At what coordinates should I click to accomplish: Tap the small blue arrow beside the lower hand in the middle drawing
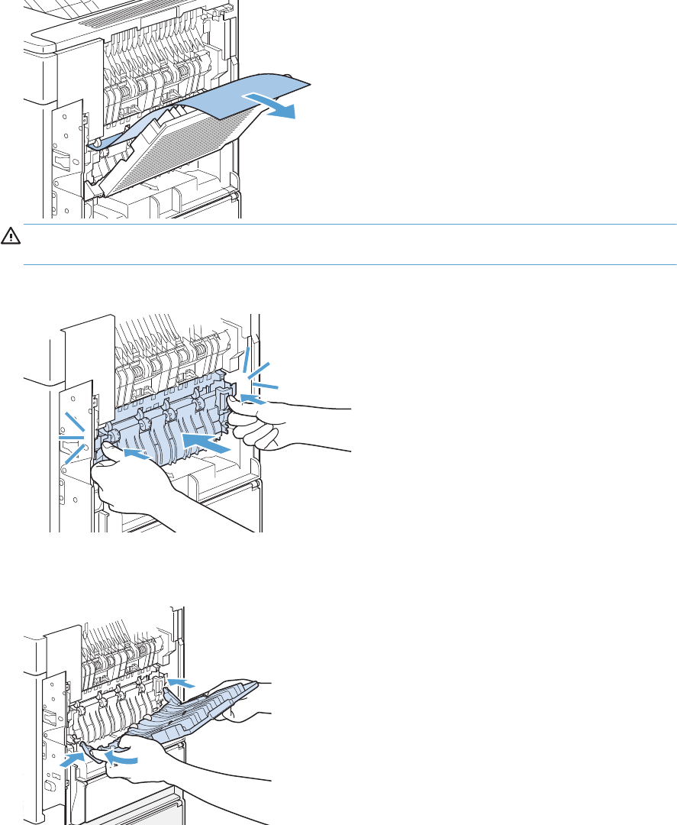135,455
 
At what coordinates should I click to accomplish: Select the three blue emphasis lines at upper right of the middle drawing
259,371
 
